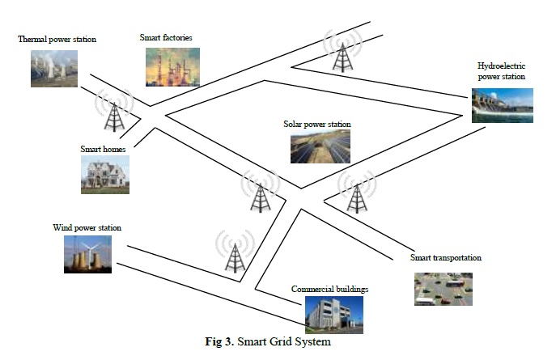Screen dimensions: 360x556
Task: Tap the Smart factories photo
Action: pos(172,66)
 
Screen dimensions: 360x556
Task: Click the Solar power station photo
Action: pos(320,147)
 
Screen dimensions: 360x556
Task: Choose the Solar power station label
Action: pos(317,125)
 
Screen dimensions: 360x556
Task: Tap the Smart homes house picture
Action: pos(104,174)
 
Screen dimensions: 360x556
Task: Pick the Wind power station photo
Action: pos(87,253)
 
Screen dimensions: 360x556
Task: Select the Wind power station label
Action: pos(87,228)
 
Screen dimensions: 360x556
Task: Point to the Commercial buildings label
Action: pos(329,289)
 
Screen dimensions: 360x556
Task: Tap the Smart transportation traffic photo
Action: pos(443,289)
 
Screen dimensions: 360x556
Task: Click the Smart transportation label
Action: pos(446,258)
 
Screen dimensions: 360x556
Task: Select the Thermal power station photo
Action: pos(54,68)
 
